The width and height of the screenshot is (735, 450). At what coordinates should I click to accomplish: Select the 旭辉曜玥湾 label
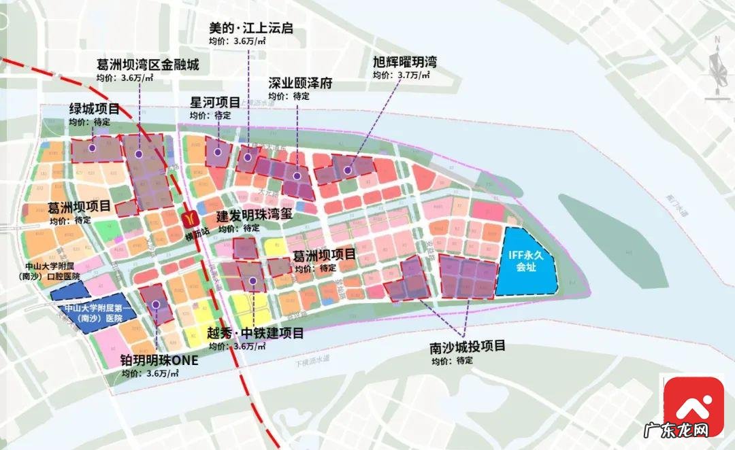pyautogui.click(x=404, y=62)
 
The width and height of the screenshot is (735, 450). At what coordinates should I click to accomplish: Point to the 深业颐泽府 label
pyautogui.click(x=300, y=84)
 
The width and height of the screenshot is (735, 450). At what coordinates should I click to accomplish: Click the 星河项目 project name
pyautogui.click(x=214, y=103)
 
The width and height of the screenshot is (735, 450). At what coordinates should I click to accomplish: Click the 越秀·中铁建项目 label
pyautogui.click(x=255, y=333)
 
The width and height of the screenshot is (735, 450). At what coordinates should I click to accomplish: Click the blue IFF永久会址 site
pyautogui.click(x=530, y=262)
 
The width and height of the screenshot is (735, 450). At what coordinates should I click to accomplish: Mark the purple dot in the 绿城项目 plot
pyautogui.click(x=91, y=148)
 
